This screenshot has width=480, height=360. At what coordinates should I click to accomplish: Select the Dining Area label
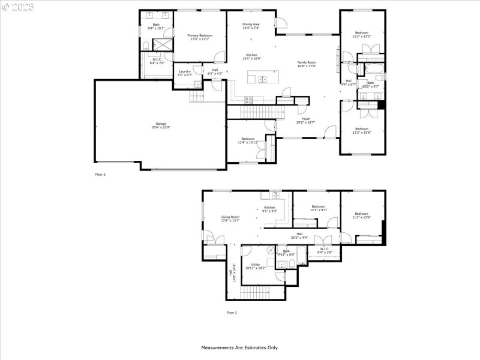click(251, 24)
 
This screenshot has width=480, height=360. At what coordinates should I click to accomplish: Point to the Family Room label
click(307, 62)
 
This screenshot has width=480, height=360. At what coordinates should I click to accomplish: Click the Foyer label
click(306, 119)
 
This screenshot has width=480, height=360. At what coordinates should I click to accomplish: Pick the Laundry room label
click(184, 71)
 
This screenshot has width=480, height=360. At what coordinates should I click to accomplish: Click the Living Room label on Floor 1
click(230, 217)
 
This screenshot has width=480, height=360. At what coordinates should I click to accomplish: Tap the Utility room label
click(256, 264)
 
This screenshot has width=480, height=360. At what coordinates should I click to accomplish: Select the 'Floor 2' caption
click(100, 174)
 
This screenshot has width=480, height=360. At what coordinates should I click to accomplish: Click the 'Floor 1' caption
click(232, 313)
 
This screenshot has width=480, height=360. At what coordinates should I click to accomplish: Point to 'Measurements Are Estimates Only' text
click(239, 347)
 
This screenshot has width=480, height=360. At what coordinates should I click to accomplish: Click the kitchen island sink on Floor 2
click(262, 79)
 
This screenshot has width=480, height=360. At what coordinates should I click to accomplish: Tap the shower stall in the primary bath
click(162, 45)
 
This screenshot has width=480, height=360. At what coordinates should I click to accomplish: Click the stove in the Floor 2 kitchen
click(249, 99)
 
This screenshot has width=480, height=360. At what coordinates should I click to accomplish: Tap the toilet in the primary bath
click(146, 45)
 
